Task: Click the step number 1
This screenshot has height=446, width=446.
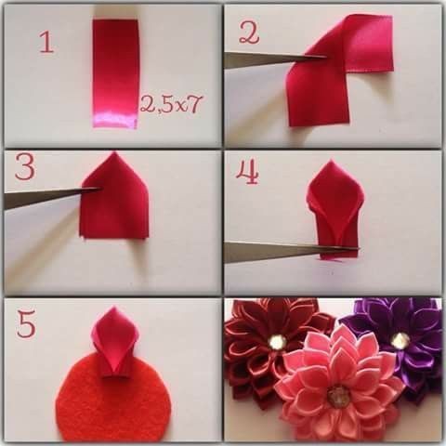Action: click(46, 43)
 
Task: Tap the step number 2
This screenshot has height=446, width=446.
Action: click(249, 32)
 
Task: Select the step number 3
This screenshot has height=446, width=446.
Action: click(25, 167)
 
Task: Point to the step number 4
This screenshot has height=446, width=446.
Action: click(247, 172)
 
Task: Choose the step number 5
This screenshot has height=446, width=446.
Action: click(26, 324)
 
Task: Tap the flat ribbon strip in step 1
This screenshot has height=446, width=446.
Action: click(115, 73)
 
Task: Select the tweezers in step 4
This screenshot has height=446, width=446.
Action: click(291, 252)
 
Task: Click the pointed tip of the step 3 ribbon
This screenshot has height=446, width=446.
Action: click(114, 152)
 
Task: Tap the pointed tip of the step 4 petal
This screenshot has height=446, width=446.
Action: click(331, 160)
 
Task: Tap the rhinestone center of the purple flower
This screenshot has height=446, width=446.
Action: click(399, 340)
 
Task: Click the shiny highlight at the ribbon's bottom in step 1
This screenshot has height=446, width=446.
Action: click(115, 120)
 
